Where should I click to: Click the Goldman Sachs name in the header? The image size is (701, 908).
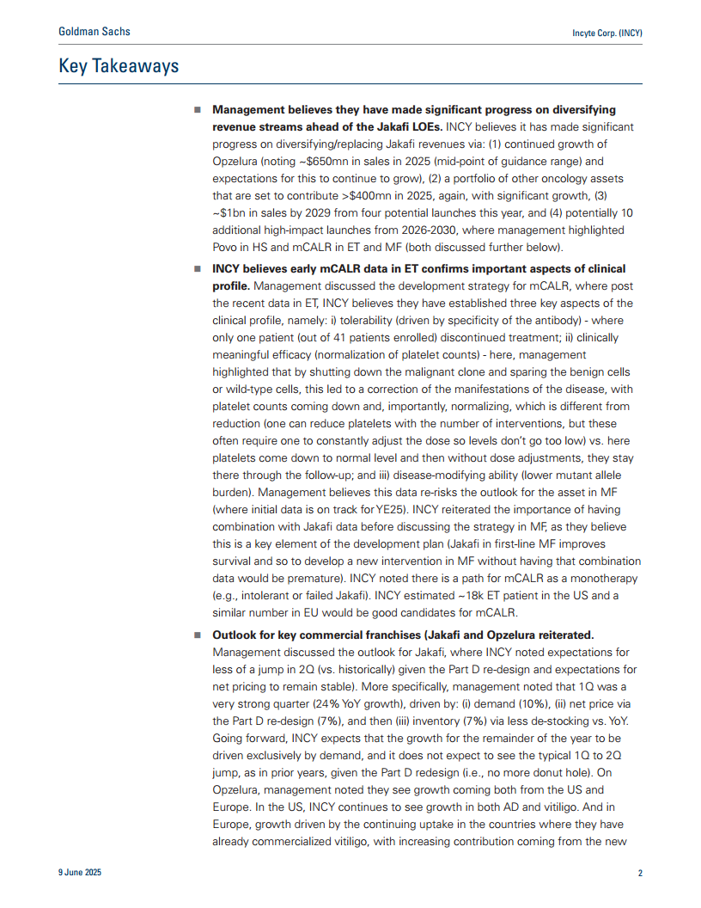coord(94,32)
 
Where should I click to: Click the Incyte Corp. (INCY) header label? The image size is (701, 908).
coord(607,33)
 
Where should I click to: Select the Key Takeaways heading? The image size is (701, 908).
coord(119,66)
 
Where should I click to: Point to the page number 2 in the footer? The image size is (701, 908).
coord(640,873)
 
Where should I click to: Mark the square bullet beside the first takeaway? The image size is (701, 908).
coord(197,111)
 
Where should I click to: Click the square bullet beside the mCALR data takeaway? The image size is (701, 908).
coord(197,269)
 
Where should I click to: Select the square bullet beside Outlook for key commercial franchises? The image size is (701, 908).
coord(197,635)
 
